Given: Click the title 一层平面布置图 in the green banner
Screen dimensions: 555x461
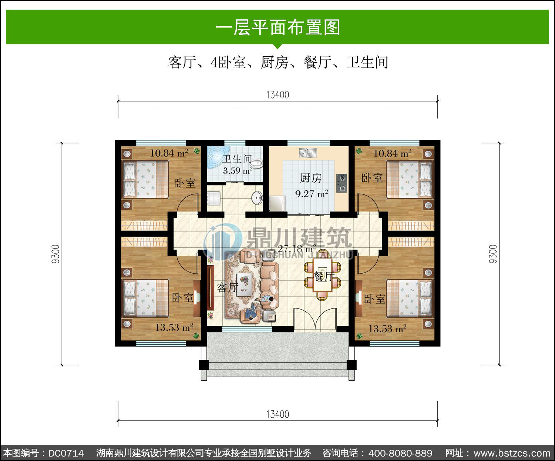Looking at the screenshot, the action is (x=277, y=27).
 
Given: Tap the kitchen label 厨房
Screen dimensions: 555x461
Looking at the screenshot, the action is (x=311, y=178).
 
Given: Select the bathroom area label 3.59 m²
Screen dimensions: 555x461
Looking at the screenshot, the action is (x=238, y=170).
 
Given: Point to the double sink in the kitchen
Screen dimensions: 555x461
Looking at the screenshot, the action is (x=307, y=153).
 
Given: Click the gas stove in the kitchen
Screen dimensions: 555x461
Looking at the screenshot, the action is (x=342, y=183).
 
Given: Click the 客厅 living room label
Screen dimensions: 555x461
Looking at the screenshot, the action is (x=227, y=287).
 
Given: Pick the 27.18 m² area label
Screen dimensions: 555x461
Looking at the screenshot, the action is (x=297, y=249).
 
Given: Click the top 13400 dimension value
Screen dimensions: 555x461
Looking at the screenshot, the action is (x=277, y=95).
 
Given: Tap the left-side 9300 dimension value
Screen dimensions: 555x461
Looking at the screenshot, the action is (x=55, y=254).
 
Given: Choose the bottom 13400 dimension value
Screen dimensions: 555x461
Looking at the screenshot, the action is (x=277, y=414).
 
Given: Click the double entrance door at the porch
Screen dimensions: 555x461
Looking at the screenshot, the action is (x=315, y=320).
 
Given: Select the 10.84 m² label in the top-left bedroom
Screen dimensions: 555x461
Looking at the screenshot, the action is (x=169, y=153).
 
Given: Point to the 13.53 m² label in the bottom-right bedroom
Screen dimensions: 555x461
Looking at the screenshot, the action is (x=387, y=329).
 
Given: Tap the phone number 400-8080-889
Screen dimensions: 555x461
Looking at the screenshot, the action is (x=400, y=453).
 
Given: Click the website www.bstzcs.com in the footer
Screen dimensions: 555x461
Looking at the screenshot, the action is (x=512, y=453).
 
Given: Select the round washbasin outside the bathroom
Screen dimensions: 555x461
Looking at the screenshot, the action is (x=257, y=198).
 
